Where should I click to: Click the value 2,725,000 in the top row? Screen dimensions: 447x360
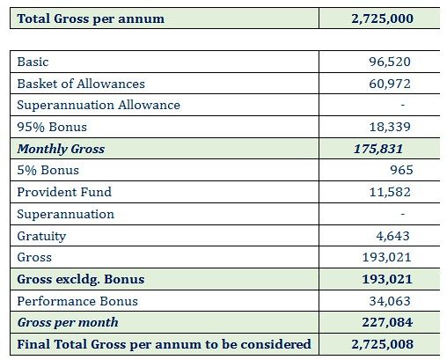coord(383,18)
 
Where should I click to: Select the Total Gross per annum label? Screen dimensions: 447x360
coord(91,19)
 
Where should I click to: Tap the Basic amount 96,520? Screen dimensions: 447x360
coord(390,62)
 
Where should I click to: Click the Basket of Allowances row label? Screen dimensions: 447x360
coord(81,84)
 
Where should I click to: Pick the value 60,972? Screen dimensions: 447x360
coord(390,84)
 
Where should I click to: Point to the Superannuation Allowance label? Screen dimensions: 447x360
coord(99,105)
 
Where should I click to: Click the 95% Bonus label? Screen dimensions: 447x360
coord(52,127)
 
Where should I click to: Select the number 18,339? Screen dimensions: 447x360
coord(390,127)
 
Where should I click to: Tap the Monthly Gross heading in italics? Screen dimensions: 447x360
coord(61,149)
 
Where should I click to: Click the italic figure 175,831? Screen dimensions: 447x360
coord(378,149)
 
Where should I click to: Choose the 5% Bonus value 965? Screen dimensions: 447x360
coord(401,170)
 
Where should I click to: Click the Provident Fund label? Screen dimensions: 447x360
coord(64,192)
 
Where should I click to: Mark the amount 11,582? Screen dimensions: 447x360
coord(390,192)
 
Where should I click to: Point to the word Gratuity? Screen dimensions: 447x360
coord(41,236)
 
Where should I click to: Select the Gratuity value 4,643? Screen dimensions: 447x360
coord(393,236)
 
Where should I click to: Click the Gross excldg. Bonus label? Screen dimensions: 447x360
coord(81,279)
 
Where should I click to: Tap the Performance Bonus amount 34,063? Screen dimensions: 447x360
coord(390,301)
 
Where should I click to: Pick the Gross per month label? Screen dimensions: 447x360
coord(68,322)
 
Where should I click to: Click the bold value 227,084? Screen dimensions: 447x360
coord(387,322)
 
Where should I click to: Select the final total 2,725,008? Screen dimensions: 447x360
coord(383,344)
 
